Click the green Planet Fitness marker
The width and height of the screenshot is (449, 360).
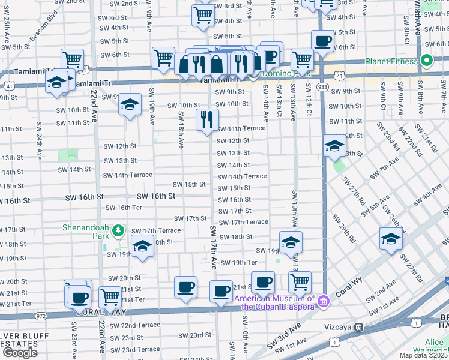coord(427,60)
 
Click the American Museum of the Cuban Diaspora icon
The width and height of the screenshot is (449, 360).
coord(324,299)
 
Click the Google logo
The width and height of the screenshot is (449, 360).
coord(20,353)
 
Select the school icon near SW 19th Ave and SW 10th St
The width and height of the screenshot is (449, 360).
coord(130,105)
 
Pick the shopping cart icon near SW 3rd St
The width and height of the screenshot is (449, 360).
coord(203,15)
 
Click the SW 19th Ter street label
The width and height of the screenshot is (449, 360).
coord(238,263)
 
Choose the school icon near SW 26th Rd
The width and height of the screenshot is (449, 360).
coord(391,238)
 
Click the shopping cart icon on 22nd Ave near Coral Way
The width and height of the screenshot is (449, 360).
coord(110,296)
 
